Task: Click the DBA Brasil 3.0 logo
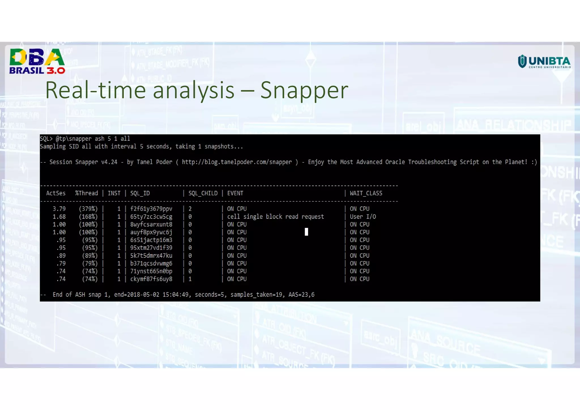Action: pyautogui.click(x=37, y=61)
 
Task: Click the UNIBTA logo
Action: pyautogui.click(x=544, y=61)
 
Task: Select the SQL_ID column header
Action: pyautogui.click(x=140, y=193)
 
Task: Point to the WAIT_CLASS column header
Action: pyautogui.click(x=366, y=193)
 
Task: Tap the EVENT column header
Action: pyautogui.click(x=235, y=193)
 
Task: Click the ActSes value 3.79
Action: pyautogui.click(x=59, y=209)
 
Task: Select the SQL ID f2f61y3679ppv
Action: pyautogui.click(x=151, y=209)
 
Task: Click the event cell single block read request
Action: pyautogui.click(x=275, y=217)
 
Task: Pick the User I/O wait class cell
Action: pyautogui.click(x=363, y=217)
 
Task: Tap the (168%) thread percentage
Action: pyautogui.click(x=88, y=217)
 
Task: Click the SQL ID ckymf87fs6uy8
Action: pyautogui.click(x=151, y=279)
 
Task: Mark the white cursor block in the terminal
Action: pyautogui.click(x=306, y=232)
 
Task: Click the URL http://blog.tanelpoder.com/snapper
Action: pyautogui.click(x=237, y=162)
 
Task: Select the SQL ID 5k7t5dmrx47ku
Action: pyautogui.click(x=151, y=256)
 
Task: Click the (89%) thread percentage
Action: pyautogui.click(x=89, y=256)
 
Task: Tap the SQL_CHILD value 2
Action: pyautogui.click(x=190, y=209)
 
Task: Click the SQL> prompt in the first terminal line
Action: pyautogui.click(x=46, y=139)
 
